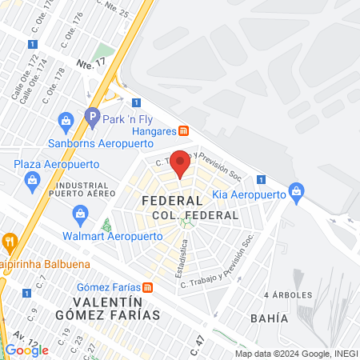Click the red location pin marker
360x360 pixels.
click(x=180, y=162)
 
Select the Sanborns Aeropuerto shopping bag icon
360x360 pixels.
click(x=66, y=122)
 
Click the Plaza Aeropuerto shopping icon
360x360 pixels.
click(x=31, y=178)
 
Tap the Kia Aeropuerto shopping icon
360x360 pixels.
click(x=297, y=190)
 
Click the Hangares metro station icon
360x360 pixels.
click(x=183, y=130)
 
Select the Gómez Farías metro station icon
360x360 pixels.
click(x=147, y=287)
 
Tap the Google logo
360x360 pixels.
click(x=26, y=350)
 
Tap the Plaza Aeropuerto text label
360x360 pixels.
click(x=58, y=165)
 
